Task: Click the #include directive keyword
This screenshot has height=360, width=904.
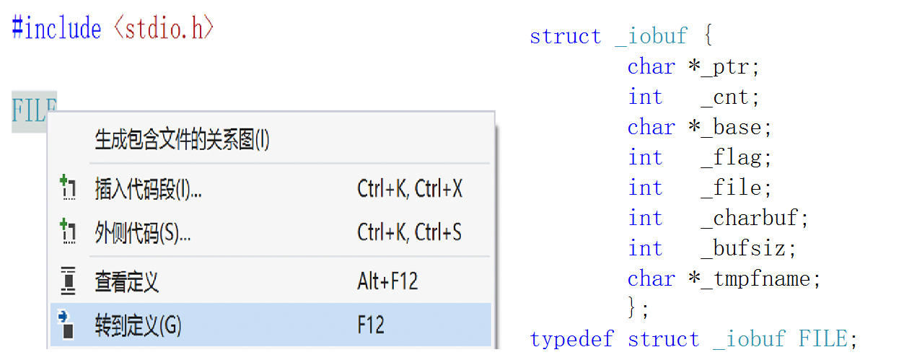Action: point(56,29)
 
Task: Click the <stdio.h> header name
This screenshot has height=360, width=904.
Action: point(163,29)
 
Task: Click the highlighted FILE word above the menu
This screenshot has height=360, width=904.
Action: point(33,112)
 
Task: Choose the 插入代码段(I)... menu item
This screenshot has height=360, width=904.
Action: point(148,189)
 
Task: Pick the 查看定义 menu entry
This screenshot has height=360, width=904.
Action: point(126,281)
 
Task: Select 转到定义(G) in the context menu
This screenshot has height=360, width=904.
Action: point(138,325)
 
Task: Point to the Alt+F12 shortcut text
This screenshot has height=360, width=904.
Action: point(387,281)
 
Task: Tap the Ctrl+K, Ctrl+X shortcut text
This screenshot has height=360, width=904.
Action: point(409,189)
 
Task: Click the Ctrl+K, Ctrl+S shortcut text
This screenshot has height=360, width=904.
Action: point(409,233)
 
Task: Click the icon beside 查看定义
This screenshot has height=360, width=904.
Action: point(68,281)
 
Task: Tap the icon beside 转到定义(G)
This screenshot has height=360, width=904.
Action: point(67,325)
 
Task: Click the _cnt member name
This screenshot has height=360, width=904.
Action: point(729,97)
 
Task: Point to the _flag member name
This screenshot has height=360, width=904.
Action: point(736,158)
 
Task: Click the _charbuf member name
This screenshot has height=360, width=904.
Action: point(755,219)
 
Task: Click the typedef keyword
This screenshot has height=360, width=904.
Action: point(571,339)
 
